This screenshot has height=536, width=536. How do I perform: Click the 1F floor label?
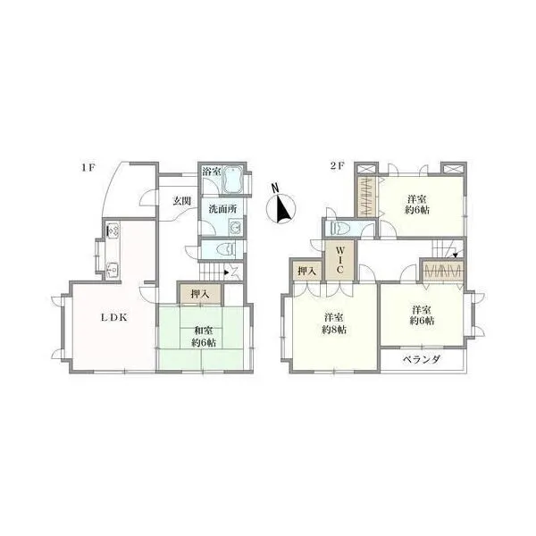pyautogui.click(x=88, y=168)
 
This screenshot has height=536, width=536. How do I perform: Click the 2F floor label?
pyautogui.click(x=337, y=166)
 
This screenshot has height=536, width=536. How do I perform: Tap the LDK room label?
pyautogui.click(x=114, y=317)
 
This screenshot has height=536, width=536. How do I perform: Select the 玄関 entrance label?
pyautogui.click(x=181, y=201)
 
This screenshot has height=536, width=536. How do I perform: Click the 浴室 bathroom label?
pyautogui.click(x=211, y=172)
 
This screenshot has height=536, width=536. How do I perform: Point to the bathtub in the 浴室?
pyautogui.click(x=233, y=180)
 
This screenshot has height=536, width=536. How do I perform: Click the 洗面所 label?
pyautogui.click(x=222, y=209)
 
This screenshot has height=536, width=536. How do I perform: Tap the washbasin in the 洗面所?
pyautogui.click(x=236, y=227)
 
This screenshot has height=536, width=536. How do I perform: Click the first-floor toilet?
pyautogui.click(x=227, y=249)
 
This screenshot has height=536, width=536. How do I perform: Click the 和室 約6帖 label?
pyautogui.click(x=204, y=337)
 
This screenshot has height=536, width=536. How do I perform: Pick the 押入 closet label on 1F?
pyautogui.click(x=200, y=294)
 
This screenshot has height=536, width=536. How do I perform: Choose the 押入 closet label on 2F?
pyautogui.click(x=307, y=272)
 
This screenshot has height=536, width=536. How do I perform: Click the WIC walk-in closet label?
pyautogui.click(x=340, y=260)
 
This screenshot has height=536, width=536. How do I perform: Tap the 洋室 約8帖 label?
pyautogui.click(x=334, y=323)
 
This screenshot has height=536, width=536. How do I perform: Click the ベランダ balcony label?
pyautogui.click(x=422, y=360)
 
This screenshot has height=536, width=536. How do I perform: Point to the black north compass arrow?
pyautogui.click(x=283, y=208)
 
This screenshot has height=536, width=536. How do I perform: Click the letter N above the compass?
pyautogui.click(x=275, y=188)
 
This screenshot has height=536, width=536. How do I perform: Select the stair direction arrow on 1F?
pyautogui.click(x=225, y=272)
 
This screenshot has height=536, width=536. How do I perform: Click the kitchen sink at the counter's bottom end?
pyautogui.click(x=112, y=271)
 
